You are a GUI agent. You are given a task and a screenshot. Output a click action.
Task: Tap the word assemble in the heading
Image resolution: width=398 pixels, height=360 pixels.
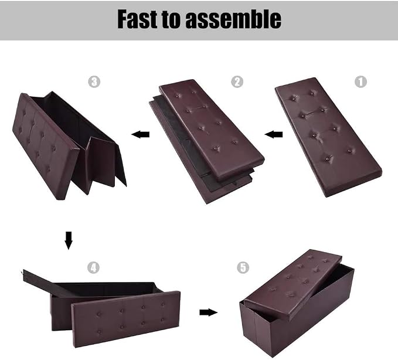pos(233,19)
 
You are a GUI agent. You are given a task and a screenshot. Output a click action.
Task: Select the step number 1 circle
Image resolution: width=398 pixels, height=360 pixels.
pos(360,81)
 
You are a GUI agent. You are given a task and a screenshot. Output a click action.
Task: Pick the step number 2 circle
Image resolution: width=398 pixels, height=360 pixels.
pos(237,81)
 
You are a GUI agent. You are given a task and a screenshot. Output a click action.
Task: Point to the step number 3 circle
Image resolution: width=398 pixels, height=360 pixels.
pos(94,81)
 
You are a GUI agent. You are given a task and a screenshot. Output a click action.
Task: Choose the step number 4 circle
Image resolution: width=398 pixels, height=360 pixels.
pos(93,267)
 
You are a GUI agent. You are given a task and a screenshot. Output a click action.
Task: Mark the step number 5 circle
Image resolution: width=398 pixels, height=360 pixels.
pos(243,267)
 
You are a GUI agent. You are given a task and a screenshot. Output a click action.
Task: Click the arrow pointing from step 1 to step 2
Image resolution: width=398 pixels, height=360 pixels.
pos(273,134)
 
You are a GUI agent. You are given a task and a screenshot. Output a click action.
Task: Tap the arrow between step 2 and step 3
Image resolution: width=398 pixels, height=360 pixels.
pos(140,134)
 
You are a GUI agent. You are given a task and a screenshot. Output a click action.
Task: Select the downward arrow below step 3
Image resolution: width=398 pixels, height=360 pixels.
pos(69,240)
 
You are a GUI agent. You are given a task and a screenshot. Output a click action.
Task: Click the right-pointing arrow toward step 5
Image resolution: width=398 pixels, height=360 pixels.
pos(209,313)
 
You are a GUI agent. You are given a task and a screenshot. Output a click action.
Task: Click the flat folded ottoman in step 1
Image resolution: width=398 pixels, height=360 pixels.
pos(329,137)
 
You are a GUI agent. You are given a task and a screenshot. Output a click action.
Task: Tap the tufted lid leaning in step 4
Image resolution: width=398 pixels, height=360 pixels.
pos(126,319)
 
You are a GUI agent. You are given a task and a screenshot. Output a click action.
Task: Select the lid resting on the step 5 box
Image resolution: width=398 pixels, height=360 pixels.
pos(293,284)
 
